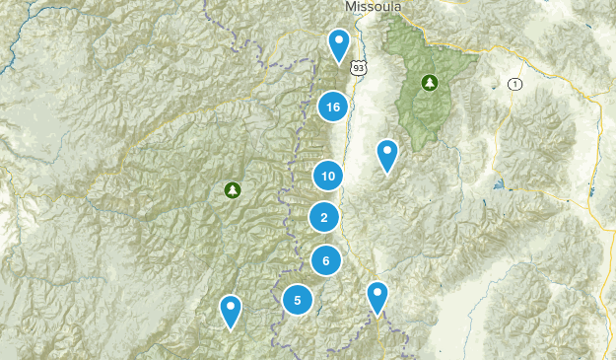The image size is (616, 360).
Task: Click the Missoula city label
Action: [x=374, y=6]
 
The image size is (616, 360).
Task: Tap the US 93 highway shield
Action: [x=358, y=67]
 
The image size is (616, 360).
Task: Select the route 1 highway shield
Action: [x=514, y=84]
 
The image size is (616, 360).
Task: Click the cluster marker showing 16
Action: [x=333, y=107]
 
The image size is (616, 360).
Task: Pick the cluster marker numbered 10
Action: [x=328, y=177]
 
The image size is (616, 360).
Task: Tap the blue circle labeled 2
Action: [x=323, y=217]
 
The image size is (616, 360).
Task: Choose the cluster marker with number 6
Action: [x=325, y=260]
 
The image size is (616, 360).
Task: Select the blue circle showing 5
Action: [x=297, y=299]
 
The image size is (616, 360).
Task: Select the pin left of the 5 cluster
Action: [x=231, y=311]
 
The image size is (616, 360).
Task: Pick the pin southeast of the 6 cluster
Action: [x=377, y=297]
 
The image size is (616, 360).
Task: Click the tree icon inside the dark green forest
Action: [x=429, y=82]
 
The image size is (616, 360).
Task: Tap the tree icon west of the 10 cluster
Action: [x=233, y=189]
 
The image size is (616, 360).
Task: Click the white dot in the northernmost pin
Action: [x=339, y=40]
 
